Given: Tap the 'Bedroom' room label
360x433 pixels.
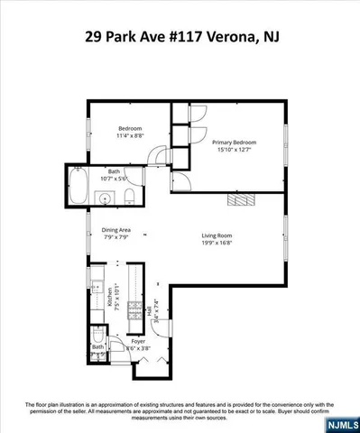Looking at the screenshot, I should click(130, 128).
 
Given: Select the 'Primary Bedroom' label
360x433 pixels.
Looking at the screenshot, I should click(235, 143).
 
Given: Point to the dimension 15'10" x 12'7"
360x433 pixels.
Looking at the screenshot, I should click(235, 151).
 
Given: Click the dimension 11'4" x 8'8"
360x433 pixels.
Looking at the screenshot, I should click(130, 136).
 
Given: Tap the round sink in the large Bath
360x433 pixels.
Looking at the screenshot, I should click(106, 198).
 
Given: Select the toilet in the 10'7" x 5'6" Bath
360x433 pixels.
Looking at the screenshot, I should click(130, 198).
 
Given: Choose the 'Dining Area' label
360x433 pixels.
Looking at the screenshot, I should click(116, 230).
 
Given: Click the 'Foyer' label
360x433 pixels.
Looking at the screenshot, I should click(137, 341).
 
